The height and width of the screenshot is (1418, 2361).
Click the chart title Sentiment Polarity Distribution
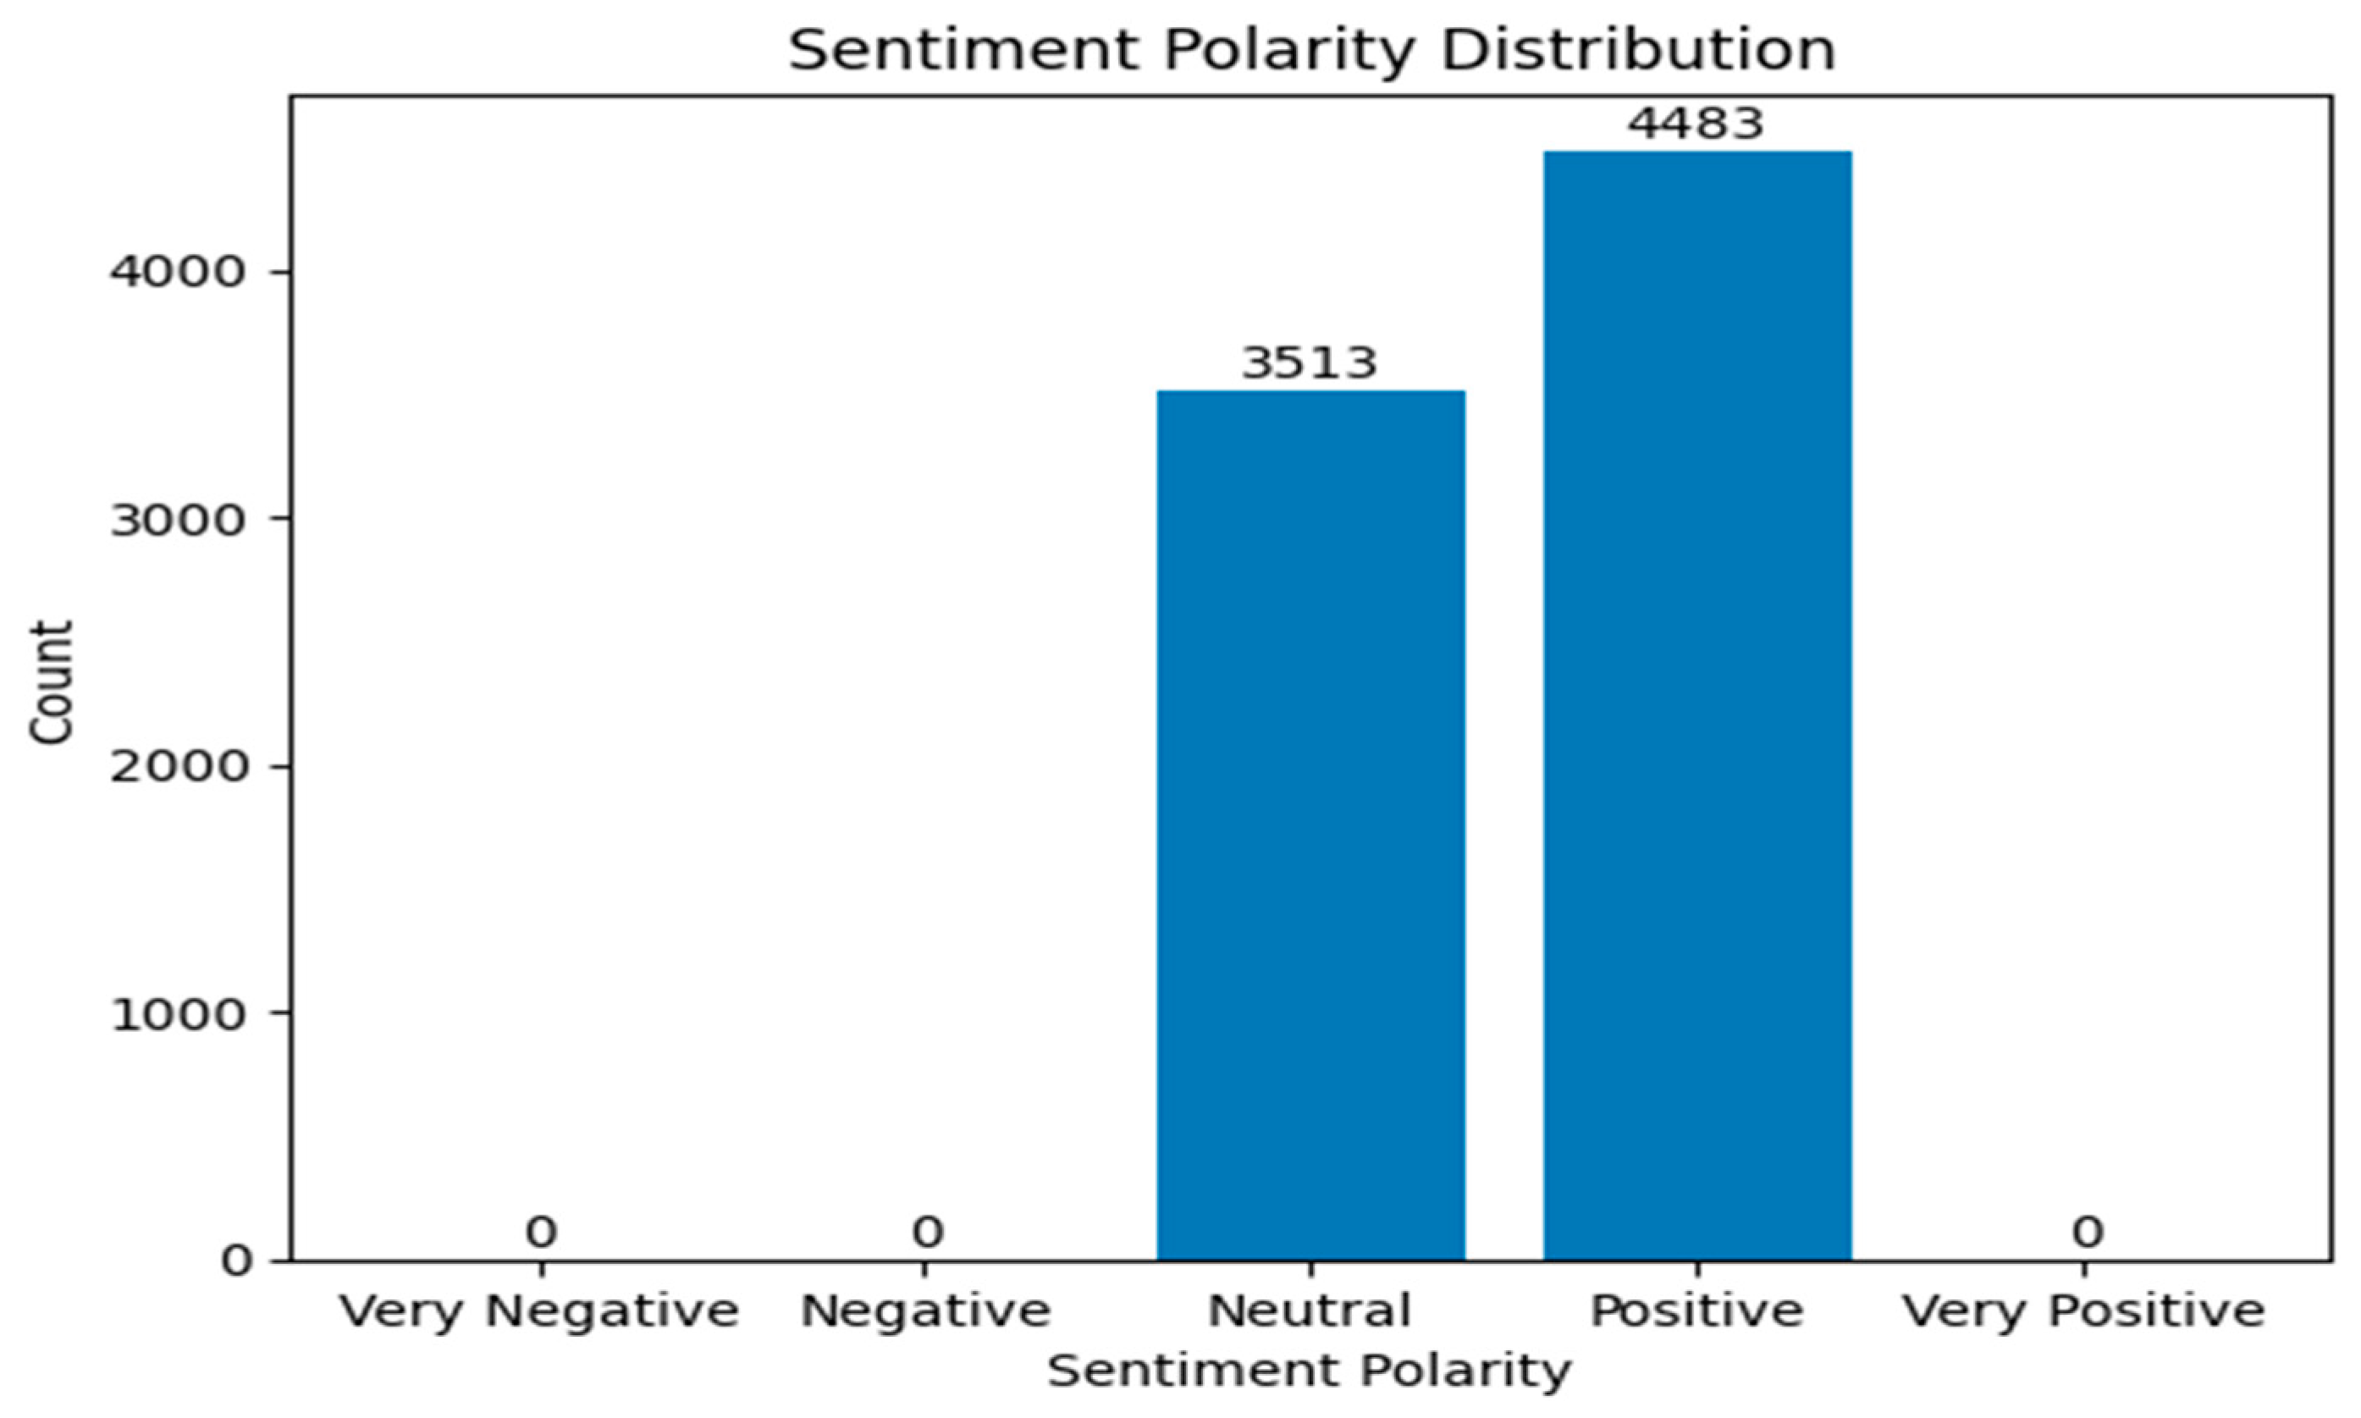coord(1311,50)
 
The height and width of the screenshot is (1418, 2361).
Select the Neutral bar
coord(1311,825)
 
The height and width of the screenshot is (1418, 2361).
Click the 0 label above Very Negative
coord(541,1233)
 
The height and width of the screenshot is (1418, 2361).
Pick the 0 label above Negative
coord(927,1233)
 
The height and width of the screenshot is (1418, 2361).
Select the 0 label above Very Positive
coord(2087,1233)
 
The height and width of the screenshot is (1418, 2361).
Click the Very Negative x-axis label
coord(541,1312)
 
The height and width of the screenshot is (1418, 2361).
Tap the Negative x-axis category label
coord(925,1312)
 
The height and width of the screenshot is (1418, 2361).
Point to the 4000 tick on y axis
coord(179,273)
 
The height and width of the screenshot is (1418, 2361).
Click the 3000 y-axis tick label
coord(179,520)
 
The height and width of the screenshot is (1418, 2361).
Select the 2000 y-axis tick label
coord(179,766)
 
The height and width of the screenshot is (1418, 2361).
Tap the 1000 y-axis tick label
coord(179,1014)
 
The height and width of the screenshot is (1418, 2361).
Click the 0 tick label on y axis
coord(237,1261)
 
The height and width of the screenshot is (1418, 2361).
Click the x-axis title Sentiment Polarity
coord(1309,1372)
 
